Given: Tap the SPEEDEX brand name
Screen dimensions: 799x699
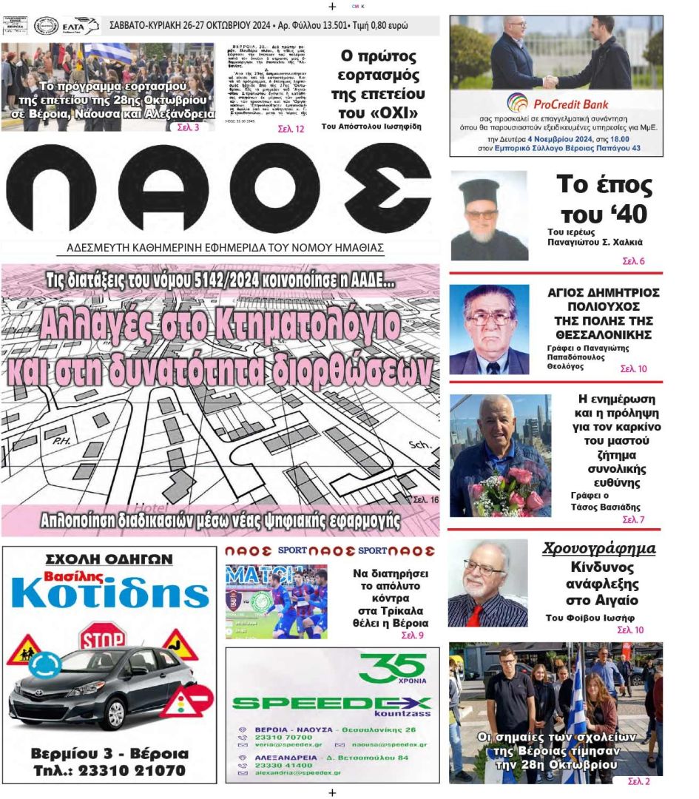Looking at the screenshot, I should coord(331,704).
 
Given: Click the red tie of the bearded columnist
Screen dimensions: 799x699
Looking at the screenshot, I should coord(474,615).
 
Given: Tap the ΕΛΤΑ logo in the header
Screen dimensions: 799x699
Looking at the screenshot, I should coord(81,26).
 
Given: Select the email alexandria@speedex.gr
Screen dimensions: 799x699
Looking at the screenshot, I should coord(299,772).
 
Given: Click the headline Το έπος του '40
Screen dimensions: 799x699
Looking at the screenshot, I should coord(604,198).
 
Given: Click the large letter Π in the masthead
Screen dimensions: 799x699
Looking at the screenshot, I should coord(50,188).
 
